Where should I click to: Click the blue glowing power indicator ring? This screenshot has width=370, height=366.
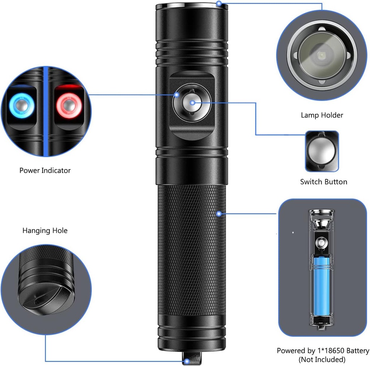pos(21,106)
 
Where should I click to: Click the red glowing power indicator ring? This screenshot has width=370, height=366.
pos(69,106)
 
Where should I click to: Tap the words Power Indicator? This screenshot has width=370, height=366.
pos(45,171)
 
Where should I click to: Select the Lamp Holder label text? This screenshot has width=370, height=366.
pos(322,115)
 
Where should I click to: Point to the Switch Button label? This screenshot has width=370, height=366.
pos(323,182)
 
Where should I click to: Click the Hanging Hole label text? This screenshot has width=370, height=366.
pos(45,230)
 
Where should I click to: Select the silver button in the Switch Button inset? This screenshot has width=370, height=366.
pos(322,151)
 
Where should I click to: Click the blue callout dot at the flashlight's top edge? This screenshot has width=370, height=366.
pos(219,3)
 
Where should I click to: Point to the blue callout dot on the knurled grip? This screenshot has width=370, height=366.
pos(219,214)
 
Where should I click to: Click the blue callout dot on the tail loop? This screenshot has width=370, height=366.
pos(187,361)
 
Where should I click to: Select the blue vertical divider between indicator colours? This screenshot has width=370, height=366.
pos(46,111)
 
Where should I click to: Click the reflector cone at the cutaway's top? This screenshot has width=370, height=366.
pos(322,223)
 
